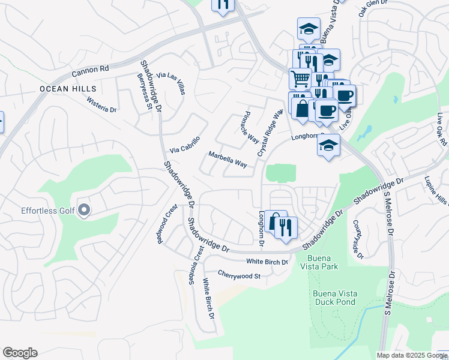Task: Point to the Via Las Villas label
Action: tap(170, 83)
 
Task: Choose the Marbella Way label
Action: tap(228, 159)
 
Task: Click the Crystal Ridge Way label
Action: tap(270, 133)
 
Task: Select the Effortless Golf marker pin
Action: tap(84, 210)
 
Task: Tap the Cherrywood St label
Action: tap(239, 276)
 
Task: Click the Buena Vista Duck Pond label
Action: tap(335, 297)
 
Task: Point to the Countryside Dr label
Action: tap(358, 239)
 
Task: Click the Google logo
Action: tap(20, 353)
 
